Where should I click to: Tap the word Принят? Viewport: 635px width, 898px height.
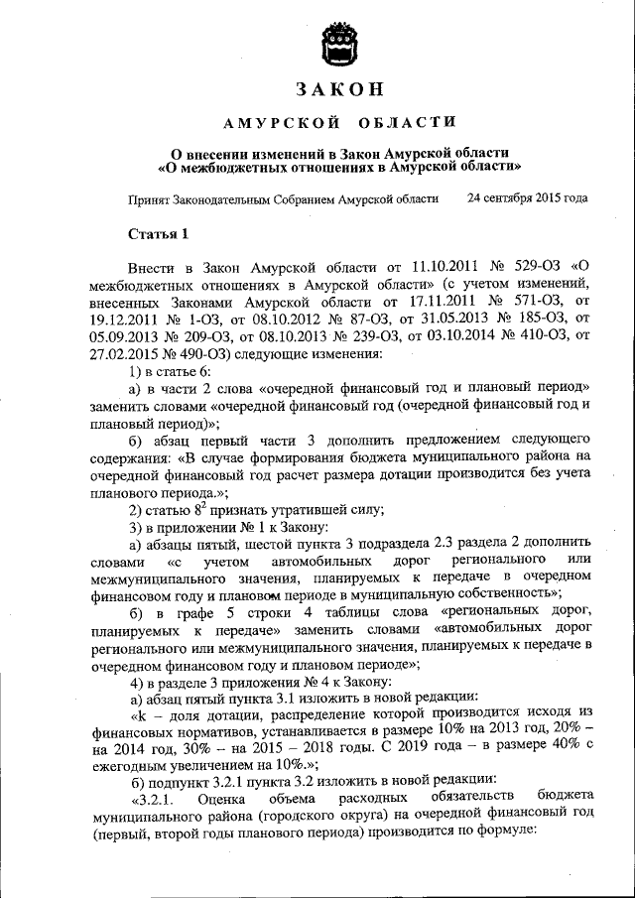[149, 198]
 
